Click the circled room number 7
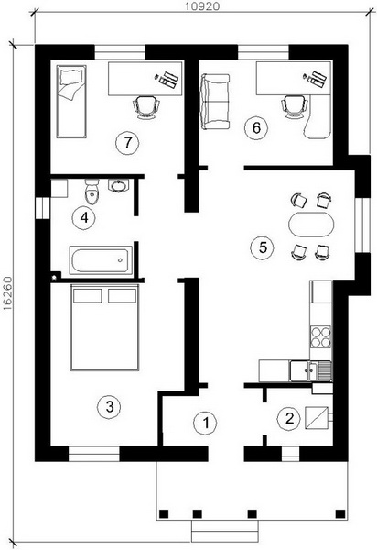[x=127, y=142]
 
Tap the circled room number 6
[x=256, y=128]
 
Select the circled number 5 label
[x=263, y=247]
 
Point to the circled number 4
[x=83, y=218]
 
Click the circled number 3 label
[x=110, y=407]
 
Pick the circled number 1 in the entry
[x=206, y=423]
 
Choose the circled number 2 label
[x=289, y=419]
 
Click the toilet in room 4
[x=92, y=192]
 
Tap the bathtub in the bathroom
[x=101, y=260]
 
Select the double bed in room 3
[x=104, y=327]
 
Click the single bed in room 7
[x=71, y=102]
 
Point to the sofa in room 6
[x=214, y=102]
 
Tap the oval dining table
[x=311, y=225]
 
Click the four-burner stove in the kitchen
[x=320, y=336]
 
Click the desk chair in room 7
[x=146, y=107]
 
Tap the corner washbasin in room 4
[x=119, y=185]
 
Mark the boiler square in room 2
[x=317, y=418]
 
